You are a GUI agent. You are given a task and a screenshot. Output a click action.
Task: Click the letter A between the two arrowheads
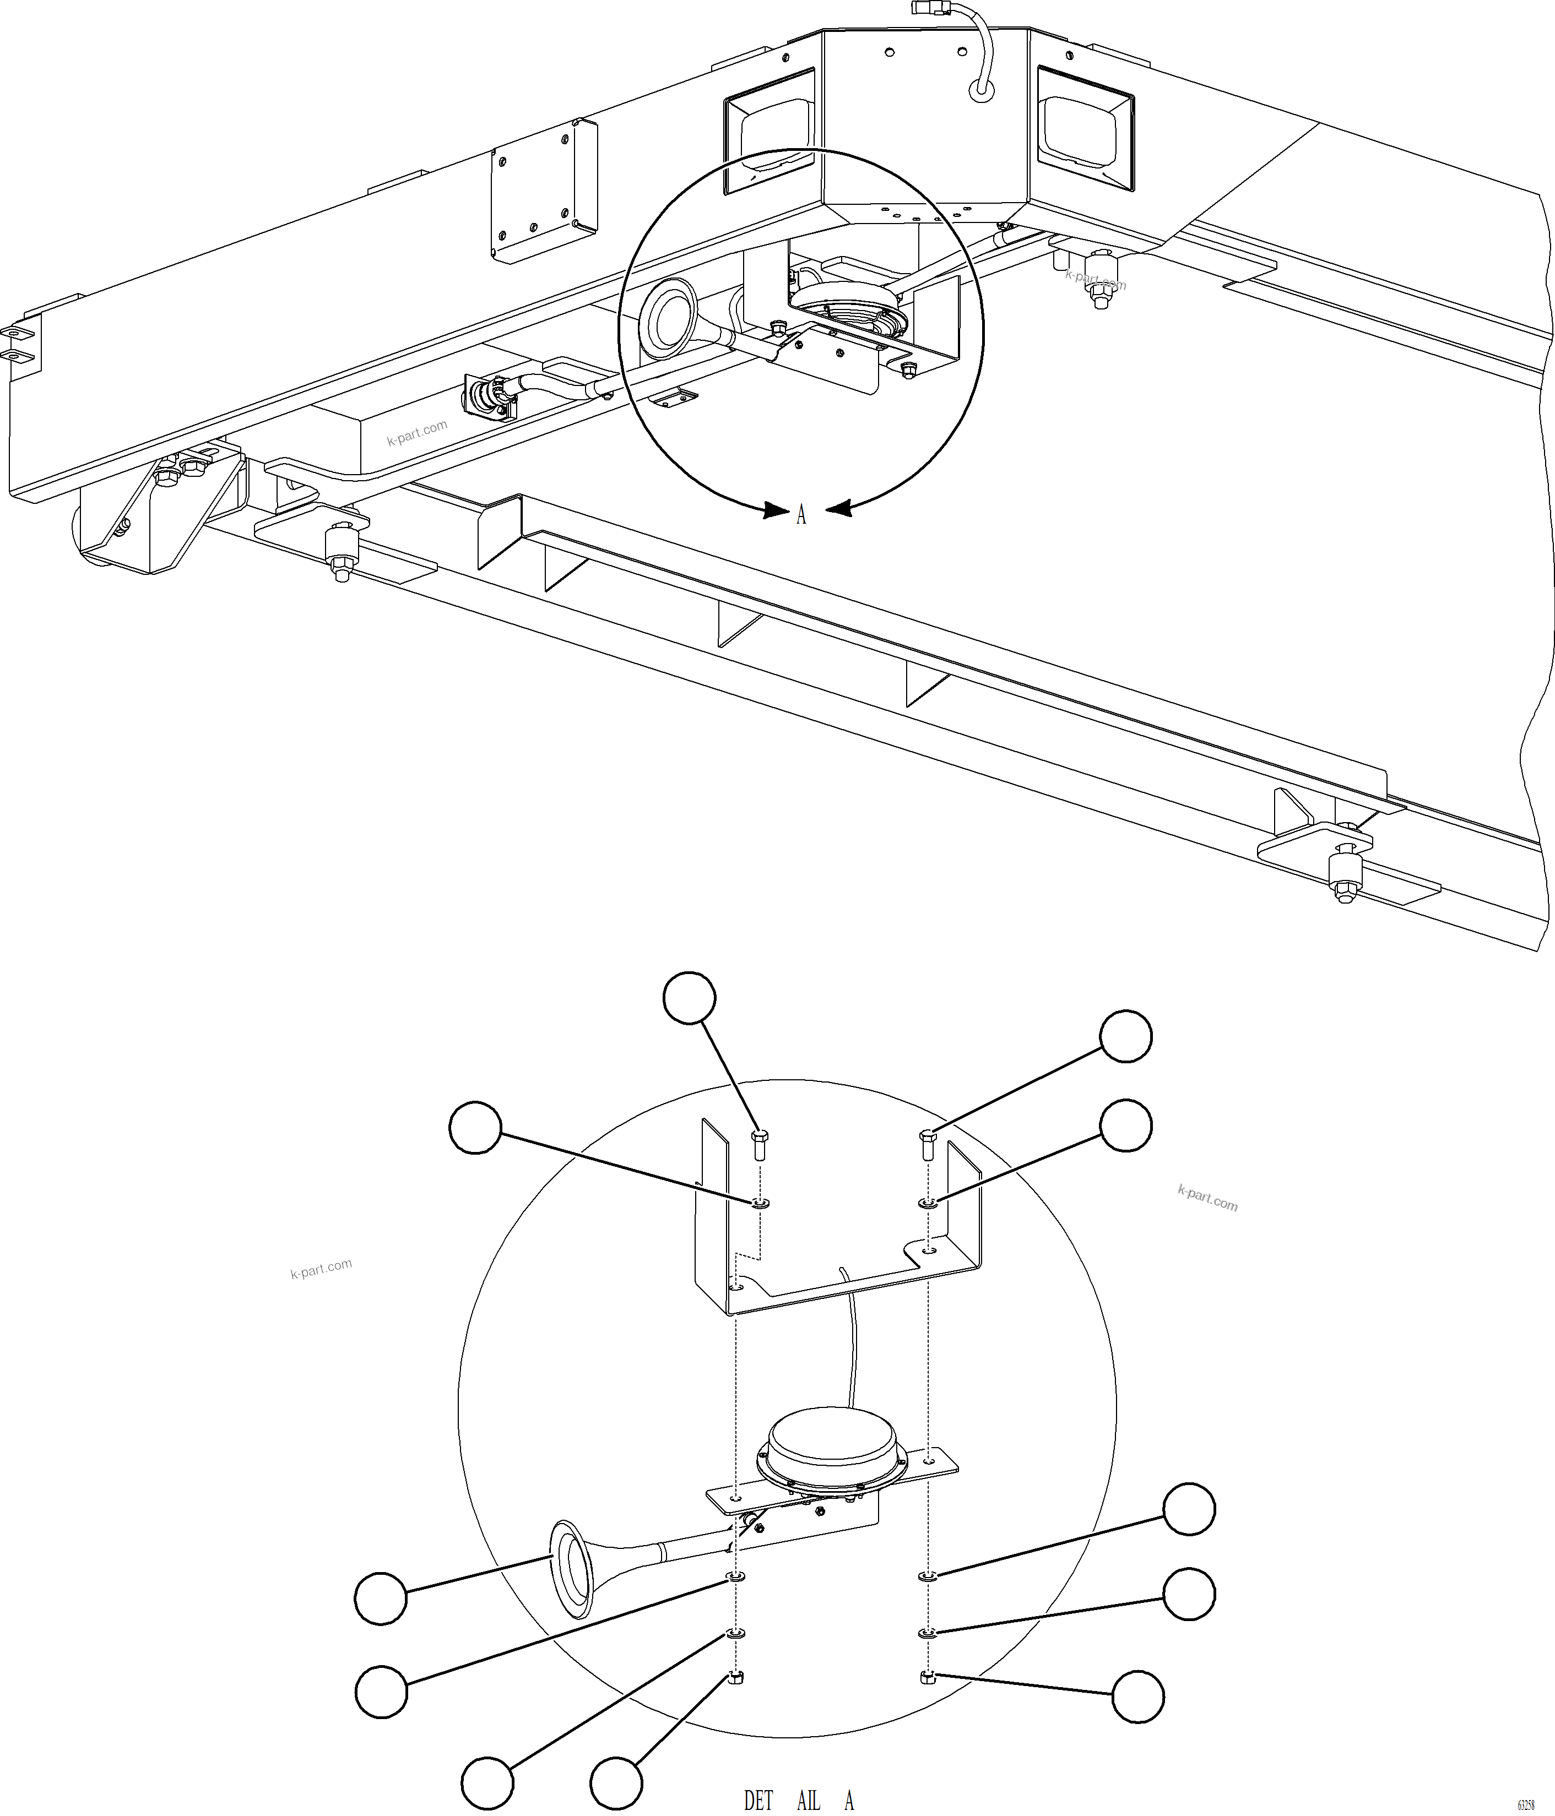[x=800, y=516]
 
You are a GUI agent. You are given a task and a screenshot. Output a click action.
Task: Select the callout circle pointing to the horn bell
[x=381, y=1598]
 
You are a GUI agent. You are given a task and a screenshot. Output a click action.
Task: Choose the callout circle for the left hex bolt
[x=689, y=997]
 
